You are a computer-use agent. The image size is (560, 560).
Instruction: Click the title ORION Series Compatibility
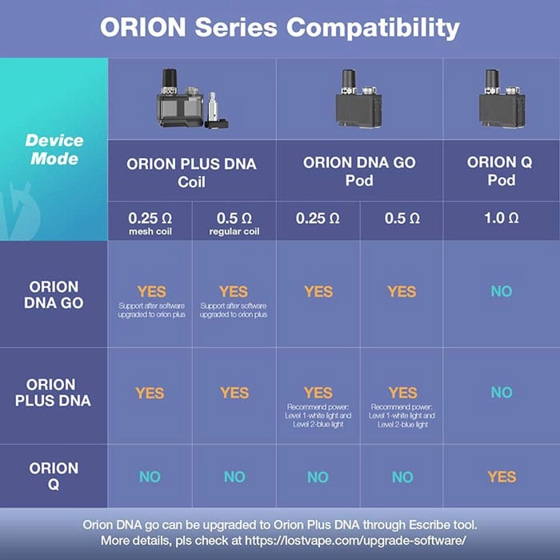[279, 28]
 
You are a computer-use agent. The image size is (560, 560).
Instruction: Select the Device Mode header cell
[54, 150]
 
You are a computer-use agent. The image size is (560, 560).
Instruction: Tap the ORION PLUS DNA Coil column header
[191, 172]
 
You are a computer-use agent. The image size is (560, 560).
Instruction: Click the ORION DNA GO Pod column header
[359, 171]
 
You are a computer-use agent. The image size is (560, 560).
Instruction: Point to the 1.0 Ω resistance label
[501, 218]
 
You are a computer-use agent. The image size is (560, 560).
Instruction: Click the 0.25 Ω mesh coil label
[150, 222]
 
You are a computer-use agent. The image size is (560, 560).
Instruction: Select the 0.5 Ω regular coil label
[234, 222]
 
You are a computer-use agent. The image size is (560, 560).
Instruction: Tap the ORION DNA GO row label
[54, 294]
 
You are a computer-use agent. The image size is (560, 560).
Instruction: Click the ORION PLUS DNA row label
[54, 392]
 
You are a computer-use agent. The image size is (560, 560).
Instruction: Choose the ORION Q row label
[54, 476]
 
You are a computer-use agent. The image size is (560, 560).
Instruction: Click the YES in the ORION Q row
[502, 477]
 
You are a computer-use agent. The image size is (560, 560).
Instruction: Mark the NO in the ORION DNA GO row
[502, 292]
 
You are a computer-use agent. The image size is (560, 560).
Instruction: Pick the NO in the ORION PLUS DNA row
[502, 393]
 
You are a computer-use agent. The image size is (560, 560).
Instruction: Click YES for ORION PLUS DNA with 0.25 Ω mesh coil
[150, 393]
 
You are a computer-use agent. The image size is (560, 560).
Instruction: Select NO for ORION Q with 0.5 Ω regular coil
[234, 477]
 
